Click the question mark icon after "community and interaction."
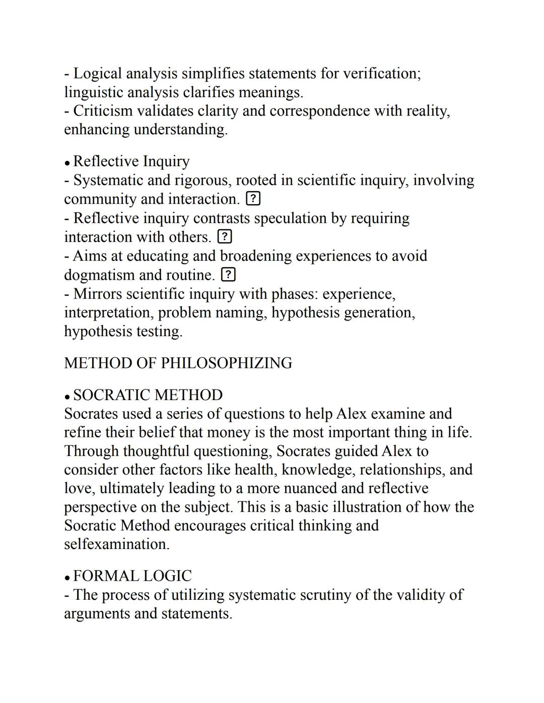[x=253, y=199]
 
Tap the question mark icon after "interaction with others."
[x=225, y=237]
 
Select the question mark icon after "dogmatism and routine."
[x=228, y=275]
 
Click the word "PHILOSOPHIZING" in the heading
[x=226, y=363]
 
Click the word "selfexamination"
[x=116, y=544]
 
